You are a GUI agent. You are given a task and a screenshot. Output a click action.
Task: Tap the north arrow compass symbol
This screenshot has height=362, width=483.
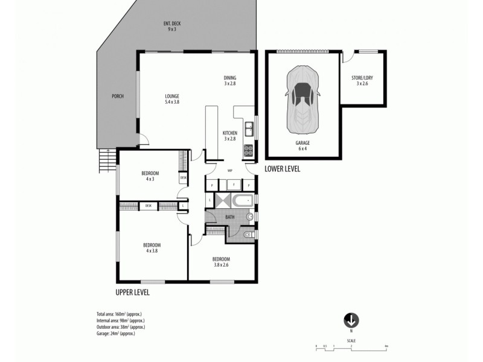click(351, 320)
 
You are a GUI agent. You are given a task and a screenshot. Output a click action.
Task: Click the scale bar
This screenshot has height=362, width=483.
click(351, 346)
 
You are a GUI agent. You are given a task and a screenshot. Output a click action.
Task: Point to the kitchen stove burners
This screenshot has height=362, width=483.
click(248, 151)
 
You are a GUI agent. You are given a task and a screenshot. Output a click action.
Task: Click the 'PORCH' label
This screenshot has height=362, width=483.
click(117, 96)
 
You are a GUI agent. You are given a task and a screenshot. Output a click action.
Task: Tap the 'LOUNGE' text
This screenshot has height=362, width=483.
click(172, 98)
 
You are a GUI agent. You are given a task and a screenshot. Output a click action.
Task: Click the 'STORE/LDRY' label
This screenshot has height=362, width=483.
click(362, 80)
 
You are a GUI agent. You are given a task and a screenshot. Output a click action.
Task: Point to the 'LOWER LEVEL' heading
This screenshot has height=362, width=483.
click(282, 169)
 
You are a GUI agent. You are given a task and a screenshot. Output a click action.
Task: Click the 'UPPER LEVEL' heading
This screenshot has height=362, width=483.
click(132, 292)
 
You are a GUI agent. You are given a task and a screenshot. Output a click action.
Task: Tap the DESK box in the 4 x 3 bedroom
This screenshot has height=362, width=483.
click(183, 179)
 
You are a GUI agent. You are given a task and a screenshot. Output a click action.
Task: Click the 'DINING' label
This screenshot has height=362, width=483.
click(229, 80)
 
